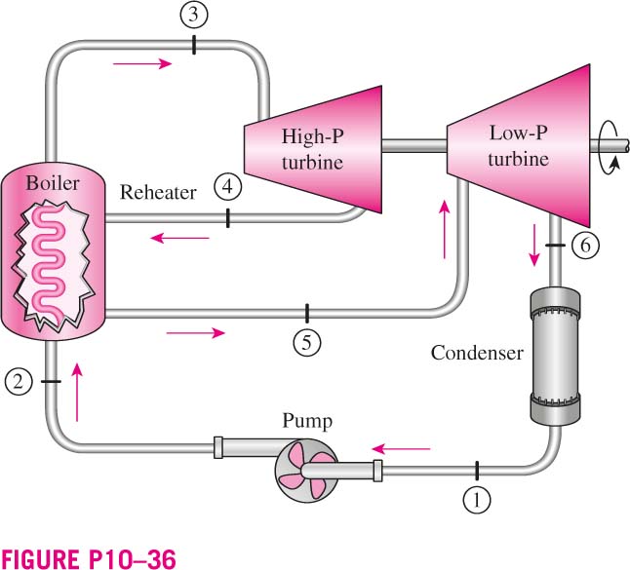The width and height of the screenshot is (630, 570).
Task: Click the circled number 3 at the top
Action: click(x=194, y=15)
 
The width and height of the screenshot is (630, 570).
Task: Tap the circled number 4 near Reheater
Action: click(x=228, y=187)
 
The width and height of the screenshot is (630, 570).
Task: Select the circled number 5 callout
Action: click(x=306, y=343)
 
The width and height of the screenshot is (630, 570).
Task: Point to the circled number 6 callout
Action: click(x=585, y=245)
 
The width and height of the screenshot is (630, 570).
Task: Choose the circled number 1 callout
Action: click(x=477, y=500)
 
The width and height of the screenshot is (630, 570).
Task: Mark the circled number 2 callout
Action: click(x=19, y=381)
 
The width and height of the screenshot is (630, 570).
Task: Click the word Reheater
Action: click(x=158, y=192)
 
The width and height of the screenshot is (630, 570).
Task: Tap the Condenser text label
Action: click(x=477, y=353)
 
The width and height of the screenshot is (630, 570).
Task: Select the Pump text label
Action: click(x=307, y=422)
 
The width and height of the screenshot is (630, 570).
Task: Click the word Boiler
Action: click(x=53, y=183)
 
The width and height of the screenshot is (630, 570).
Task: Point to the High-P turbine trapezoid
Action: click(x=313, y=149)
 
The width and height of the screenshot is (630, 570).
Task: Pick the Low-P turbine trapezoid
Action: click(x=518, y=145)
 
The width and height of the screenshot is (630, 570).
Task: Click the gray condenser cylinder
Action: click(x=555, y=356)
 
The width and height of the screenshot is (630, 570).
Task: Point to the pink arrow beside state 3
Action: click(x=142, y=63)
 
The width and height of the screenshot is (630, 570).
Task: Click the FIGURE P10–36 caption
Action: click(x=89, y=558)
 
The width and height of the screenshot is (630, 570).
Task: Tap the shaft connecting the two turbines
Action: click(x=414, y=146)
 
